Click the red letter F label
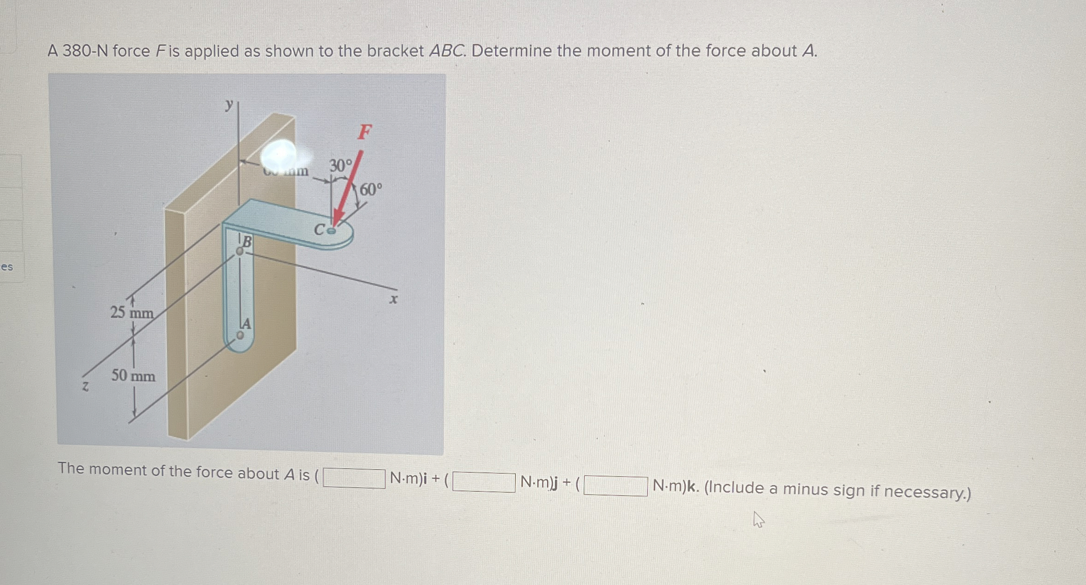click(x=364, y=132)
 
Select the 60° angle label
click(x=371, y=190)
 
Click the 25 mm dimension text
click(x=132, y=313)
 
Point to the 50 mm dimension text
click(x=133, y=375)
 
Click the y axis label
click(x=229, y=105)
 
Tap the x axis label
click(x=393, y=299)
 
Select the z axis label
click(x=85, y=386)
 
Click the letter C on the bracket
click(x=320, y=229)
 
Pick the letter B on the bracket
click(x=247, y=242)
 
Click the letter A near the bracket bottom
click(x=246, y=324)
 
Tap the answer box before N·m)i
click(x=354, y=478)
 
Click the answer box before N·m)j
click(x=483, y=482)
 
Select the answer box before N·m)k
click(x=615, y=486)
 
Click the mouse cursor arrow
click(x=758, y=519)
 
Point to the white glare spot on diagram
click(x=279, y=155)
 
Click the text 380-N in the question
click(x=85, y=51)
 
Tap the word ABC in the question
click(x=447, y=51)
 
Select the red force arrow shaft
click(x=350, y=185)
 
